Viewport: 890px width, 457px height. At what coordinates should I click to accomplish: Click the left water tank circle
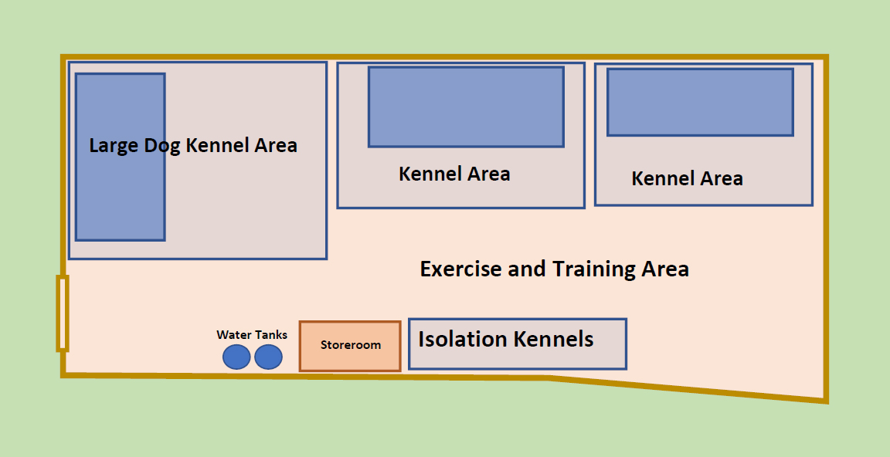click(236, 357)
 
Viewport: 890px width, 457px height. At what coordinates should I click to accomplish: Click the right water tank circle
click(269, 357)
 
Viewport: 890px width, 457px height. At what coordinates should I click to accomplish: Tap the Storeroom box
click(350, 347)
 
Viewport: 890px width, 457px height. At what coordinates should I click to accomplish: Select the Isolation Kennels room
click(518, 344)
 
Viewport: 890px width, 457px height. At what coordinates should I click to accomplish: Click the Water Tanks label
click(252, 334)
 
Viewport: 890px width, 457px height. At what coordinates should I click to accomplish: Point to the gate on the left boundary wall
click(63, 313)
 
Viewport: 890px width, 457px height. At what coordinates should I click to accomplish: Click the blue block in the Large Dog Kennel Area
click(121, 157)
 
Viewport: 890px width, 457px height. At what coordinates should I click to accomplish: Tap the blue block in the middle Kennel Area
click(466, 107)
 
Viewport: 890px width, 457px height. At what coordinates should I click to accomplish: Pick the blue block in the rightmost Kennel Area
click(701, 103)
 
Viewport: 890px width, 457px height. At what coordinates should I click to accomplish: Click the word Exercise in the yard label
click(460, 269)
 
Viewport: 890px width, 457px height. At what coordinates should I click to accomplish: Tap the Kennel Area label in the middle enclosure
click(454, 174)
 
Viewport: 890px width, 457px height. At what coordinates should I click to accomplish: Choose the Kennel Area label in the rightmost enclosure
click(688, 178)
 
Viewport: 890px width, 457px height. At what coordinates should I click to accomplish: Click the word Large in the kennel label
click(114, 146)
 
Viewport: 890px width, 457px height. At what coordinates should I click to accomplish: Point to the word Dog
click(162, 146)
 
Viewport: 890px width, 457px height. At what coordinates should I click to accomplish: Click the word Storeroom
click(351, 345)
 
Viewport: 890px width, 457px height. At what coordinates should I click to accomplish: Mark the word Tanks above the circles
click(271, 334)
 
